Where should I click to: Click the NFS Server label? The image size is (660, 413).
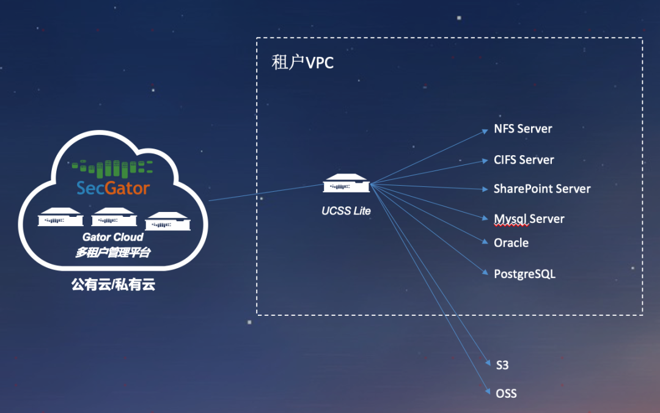click(522, 129)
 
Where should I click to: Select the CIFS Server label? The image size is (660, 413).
click(524, 160)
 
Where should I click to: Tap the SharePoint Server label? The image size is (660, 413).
click(542, 189)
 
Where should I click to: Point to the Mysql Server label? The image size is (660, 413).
click(529, 219)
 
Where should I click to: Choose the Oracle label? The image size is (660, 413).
click(511, 243)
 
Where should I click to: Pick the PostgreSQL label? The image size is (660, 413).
click(524, 274)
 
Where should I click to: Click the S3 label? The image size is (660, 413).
click(502, 365)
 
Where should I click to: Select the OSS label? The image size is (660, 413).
click(506, 393)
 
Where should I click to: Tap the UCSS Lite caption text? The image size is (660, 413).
click(346, 211)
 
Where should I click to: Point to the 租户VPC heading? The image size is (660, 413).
click(303, 63)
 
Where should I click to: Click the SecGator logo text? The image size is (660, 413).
click(113, 188)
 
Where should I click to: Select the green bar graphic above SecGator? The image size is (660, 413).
click(111, 167)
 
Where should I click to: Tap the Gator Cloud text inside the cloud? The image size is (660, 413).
click(113, 237)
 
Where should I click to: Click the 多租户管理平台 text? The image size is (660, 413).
click(113, 252)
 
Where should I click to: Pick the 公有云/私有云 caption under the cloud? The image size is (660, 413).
click(113, 285)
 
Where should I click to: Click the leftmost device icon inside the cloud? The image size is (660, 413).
click(61, 217)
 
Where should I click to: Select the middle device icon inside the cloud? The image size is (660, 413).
click(114, 217)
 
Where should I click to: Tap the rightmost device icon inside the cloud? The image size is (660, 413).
click(167, 221)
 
